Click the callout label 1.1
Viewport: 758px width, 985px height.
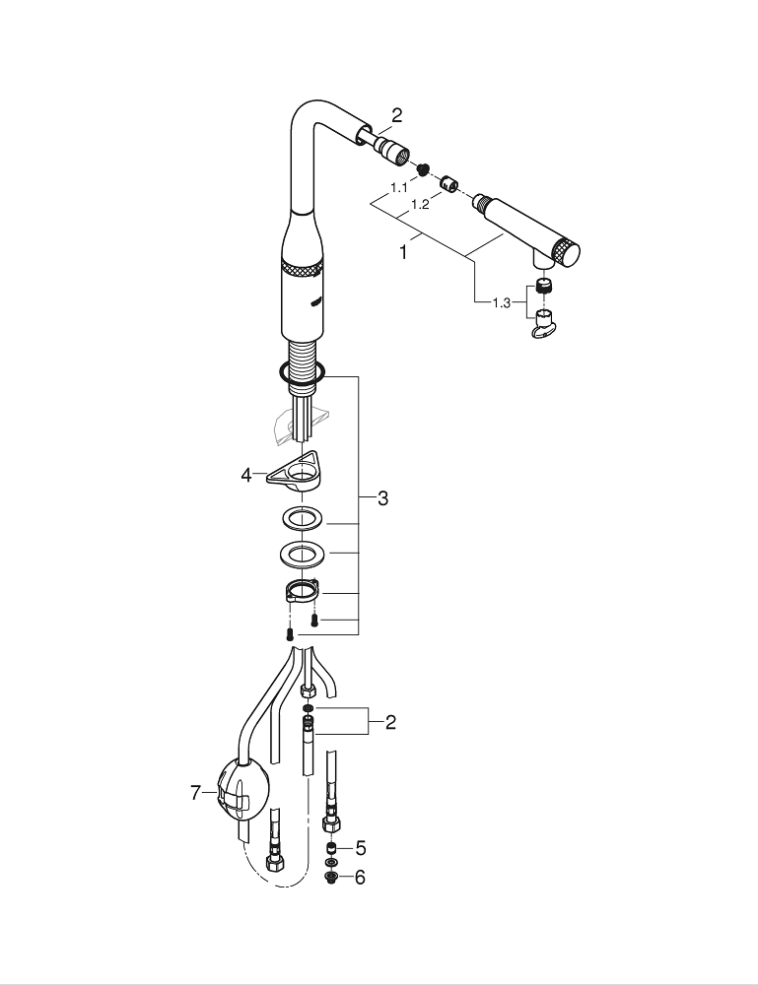click(399, 186)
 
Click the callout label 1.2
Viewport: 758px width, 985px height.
click(420, 204)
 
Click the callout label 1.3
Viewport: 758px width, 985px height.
click(502, 302)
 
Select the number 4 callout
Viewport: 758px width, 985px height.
click(246, 475)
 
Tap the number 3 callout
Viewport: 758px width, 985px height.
click(381, 499)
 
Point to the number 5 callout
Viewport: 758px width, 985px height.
click(360, 847)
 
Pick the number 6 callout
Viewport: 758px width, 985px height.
click(360, 877)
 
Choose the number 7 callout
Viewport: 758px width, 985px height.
click(195, 792)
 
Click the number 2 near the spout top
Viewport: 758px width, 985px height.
click(396, 116)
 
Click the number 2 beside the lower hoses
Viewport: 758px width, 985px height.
click(390, 723)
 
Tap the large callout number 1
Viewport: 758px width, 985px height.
click(402, 251)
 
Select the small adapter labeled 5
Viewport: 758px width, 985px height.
click(332, 847)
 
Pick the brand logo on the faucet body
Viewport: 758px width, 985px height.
click(314, 300)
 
